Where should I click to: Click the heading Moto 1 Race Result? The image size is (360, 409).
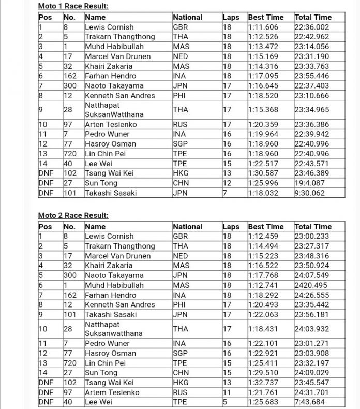pyautogui.click(x=73, y=6)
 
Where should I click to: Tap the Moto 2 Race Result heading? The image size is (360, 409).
pyautogui.click(x=73, y=215)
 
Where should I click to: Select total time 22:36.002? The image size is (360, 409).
pyautogui.click(x=312, y=27)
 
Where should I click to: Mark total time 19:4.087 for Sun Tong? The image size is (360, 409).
pyautogui.click(x=309, y=183)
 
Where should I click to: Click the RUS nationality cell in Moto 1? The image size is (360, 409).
pyautogui.click(x=181, y=124)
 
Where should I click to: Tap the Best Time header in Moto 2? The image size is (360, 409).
pyautogui.click(x=266, y=226)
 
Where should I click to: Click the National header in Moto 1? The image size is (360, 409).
pyautogui.click(x=188, y=17)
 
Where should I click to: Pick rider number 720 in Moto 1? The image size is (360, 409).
pyautogui.click(x=70, y=154)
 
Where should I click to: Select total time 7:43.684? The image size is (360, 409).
pyautogui.click(x=309, y=402)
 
